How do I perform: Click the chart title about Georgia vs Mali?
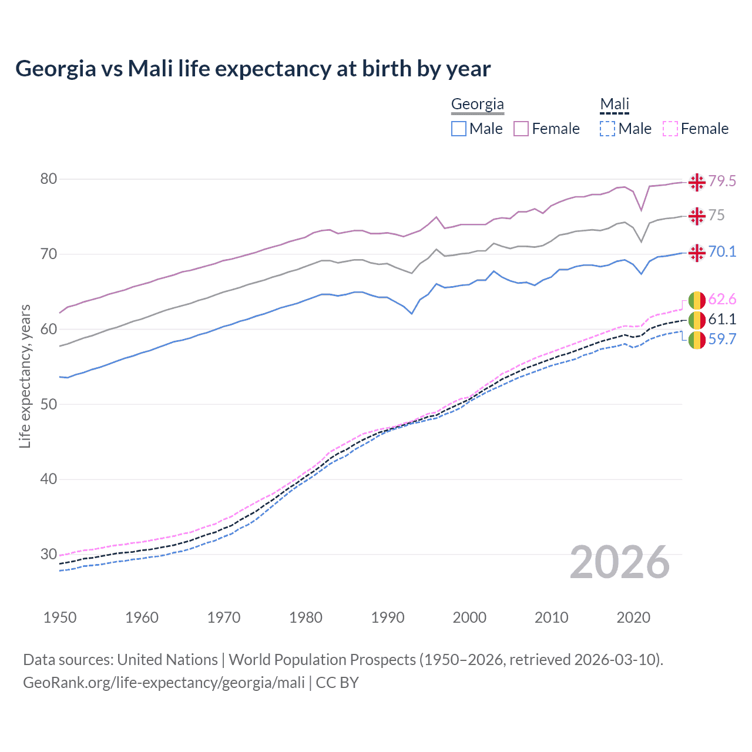pos(253,69)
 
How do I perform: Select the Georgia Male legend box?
pos(459,129)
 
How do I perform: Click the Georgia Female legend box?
pos(521,129)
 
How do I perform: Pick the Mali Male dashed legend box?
pos(607,129)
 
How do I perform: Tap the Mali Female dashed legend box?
pos(670,129)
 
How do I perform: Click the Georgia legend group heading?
pos(477,105)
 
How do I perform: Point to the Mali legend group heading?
pos(615,105)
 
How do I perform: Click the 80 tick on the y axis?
pos(49,179)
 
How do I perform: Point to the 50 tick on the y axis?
pos(49,404)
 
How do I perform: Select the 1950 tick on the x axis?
pos(60,617)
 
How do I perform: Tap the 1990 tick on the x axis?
pos(388,617)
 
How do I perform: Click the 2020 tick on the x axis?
pos(633,617)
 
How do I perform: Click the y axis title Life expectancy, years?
pos(25,376)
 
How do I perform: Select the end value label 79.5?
pos(722,182)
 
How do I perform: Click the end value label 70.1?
pos(722,252)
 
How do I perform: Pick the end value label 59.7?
pos(722,340)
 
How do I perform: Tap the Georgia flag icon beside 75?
pos(697,216)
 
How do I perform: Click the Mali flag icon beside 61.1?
pos(697,320)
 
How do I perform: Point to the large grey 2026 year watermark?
pos(620,563)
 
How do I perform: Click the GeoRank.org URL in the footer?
pos(164,683)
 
